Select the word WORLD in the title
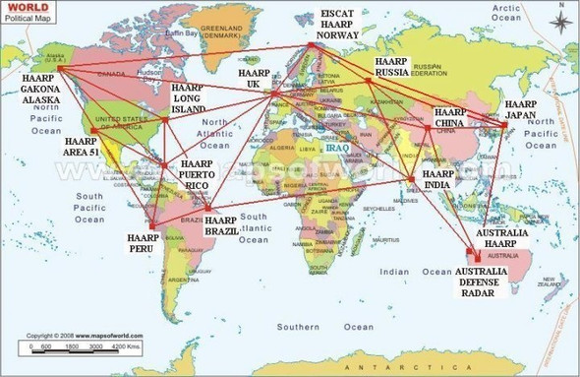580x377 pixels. (x=25, y=6)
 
